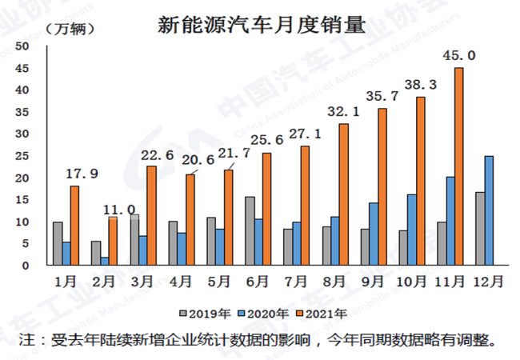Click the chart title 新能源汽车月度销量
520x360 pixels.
tap(261, 24)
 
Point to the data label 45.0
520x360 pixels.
tap(459, 55)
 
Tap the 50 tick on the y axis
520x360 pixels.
tap(23, 46)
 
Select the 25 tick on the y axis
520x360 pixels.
tap(23, 156)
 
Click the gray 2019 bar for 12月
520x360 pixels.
tap(479, 228)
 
